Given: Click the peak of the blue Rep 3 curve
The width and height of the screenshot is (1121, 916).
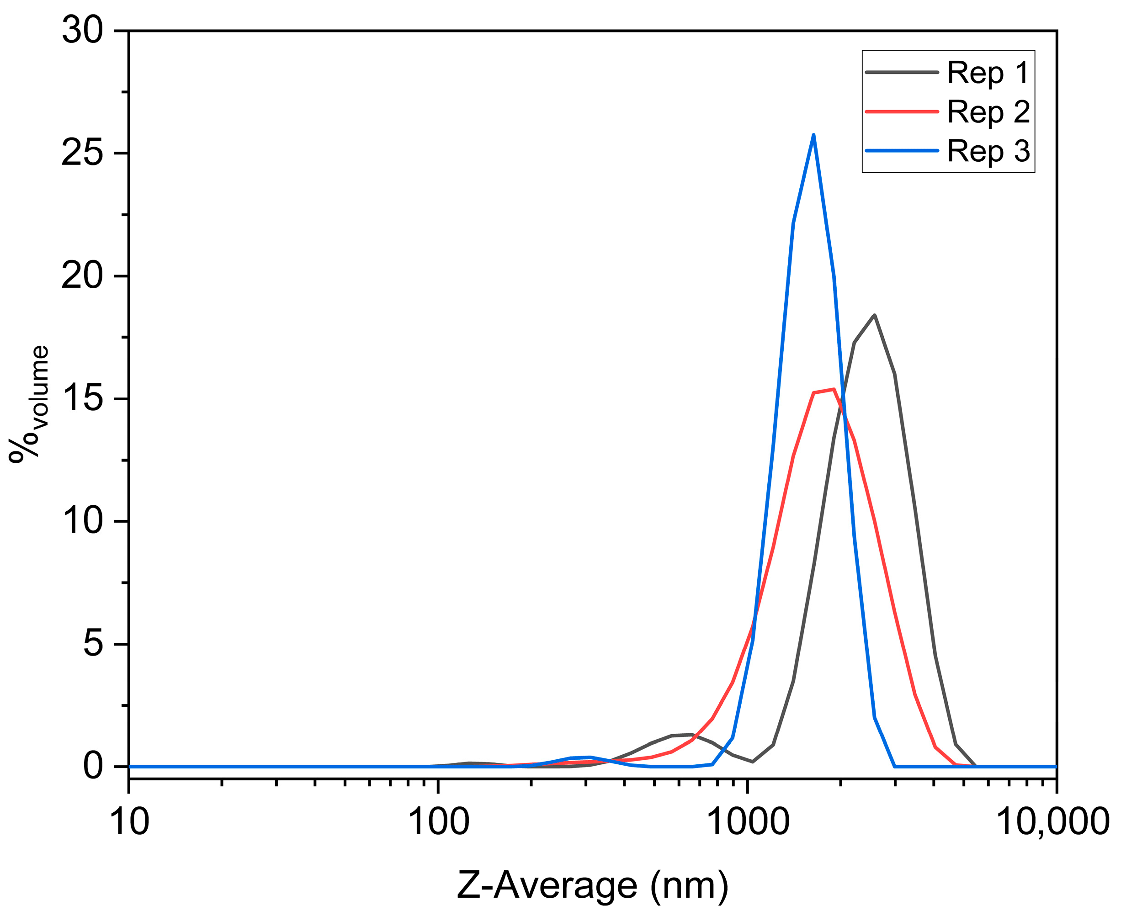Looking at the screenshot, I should [813, 135].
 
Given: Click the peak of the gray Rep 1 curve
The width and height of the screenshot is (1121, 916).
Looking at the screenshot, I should [875, 316].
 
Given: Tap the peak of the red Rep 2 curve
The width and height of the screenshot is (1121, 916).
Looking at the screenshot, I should [832, 389].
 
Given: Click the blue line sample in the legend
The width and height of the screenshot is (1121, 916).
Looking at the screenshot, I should [902, 151].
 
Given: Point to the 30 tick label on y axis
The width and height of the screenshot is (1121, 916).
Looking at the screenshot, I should [82, 31].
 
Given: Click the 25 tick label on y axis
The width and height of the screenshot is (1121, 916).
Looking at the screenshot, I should [82, 154].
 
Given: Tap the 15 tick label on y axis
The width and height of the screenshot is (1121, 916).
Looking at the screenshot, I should [82, 399].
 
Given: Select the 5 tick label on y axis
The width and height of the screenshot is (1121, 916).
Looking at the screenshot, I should [93, 644].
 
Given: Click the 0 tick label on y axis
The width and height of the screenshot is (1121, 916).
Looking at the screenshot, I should [93, 766].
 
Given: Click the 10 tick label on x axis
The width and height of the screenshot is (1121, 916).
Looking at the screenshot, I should [129, 821].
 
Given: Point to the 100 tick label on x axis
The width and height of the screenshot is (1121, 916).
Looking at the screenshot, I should [439, 821].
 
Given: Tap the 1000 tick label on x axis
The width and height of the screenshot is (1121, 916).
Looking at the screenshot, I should [748, 821].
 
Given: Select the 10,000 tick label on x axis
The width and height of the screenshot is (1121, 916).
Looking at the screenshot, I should [1052, 821].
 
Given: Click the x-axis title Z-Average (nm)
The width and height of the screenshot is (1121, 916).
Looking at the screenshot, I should [592, 886].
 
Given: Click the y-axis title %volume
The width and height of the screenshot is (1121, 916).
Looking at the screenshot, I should [29, 404].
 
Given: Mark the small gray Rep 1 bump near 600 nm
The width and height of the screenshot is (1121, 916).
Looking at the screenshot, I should [684, 735].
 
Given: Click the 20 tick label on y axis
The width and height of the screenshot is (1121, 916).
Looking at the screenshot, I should [82, 276].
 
